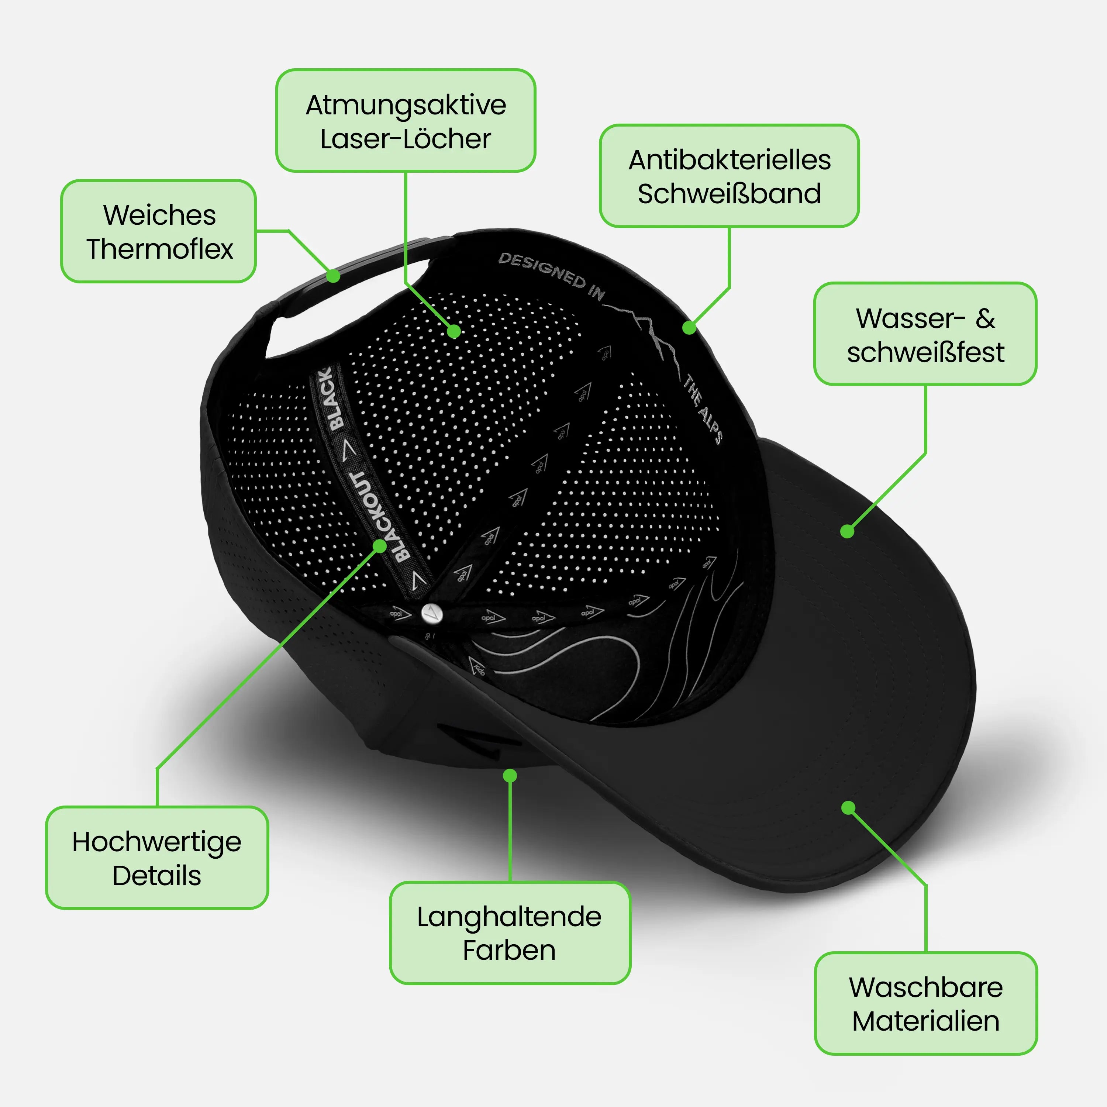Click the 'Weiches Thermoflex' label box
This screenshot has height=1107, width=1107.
pyautogui.click(x=158, y=231)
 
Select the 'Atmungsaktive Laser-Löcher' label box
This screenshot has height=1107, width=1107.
pyautogui.click(x=406, y=120)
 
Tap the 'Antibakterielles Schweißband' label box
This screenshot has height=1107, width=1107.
pyautogui.click(x=729, y=176)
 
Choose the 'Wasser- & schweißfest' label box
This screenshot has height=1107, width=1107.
pyautogui.click(x=925, y=334)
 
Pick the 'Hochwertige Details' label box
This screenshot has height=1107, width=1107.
pyautogui.click(x=157, y=858)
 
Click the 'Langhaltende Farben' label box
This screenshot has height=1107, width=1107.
pyautogui.click(x=509, y=933)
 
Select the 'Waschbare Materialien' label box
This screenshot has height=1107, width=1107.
pyautogui.click(x=925, y=1003)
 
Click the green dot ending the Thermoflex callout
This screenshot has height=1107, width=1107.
pyautogui.click(x=333, y=276)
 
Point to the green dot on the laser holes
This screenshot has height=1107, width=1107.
pyautogui.click(x=454, y=331)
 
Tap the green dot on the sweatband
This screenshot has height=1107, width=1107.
pyautogui.click(x=689, y=328)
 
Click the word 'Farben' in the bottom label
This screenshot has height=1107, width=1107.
pyautogui.click(x=509, y=951)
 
